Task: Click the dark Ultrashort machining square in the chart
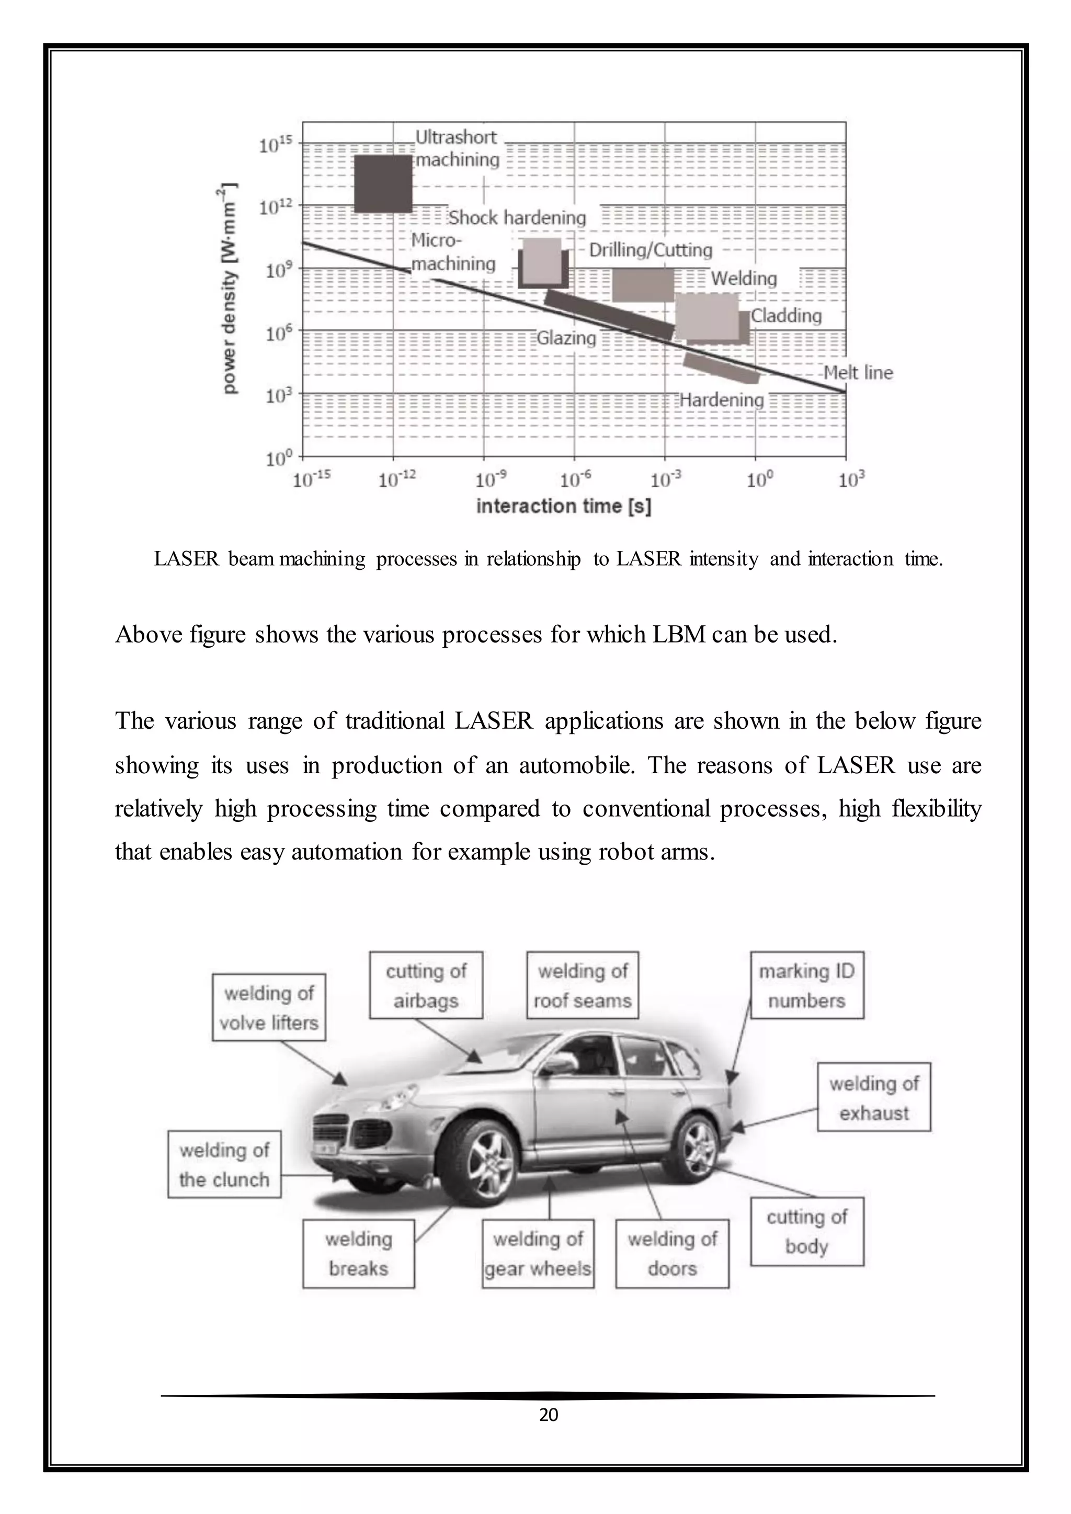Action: click(x=383, y=183)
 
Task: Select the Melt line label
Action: click(x=858, y=373)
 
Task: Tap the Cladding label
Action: click(x=786, y=315)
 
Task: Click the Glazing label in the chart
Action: click(x=566, y=338)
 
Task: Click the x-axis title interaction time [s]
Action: click(x=563, y=507)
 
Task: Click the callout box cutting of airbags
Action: click(x=426, y=985)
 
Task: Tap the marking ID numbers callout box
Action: click(x=806, y=985)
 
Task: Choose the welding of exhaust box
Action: click(x=874, y=1098)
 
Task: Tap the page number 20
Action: click(x=548, y=1415)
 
